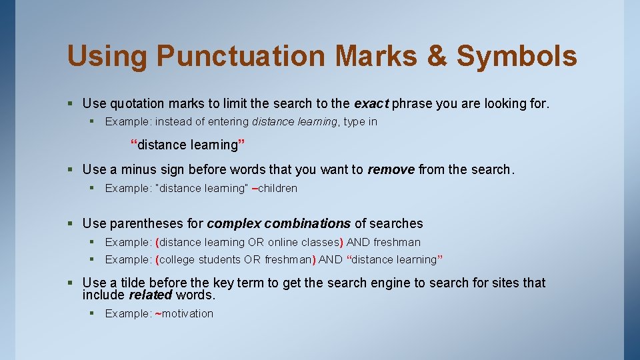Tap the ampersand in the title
tap(437, 56)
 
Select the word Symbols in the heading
tap(517, 56)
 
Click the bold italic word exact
tap(371, 103)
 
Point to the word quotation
tap(137, 103)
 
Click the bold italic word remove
tap(391, 169)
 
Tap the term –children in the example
tap(274, 188)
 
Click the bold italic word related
tap(150, 295)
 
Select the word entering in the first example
tap(228, 121)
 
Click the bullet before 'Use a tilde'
tap(71, 283)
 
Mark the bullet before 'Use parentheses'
tap(71, 223)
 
